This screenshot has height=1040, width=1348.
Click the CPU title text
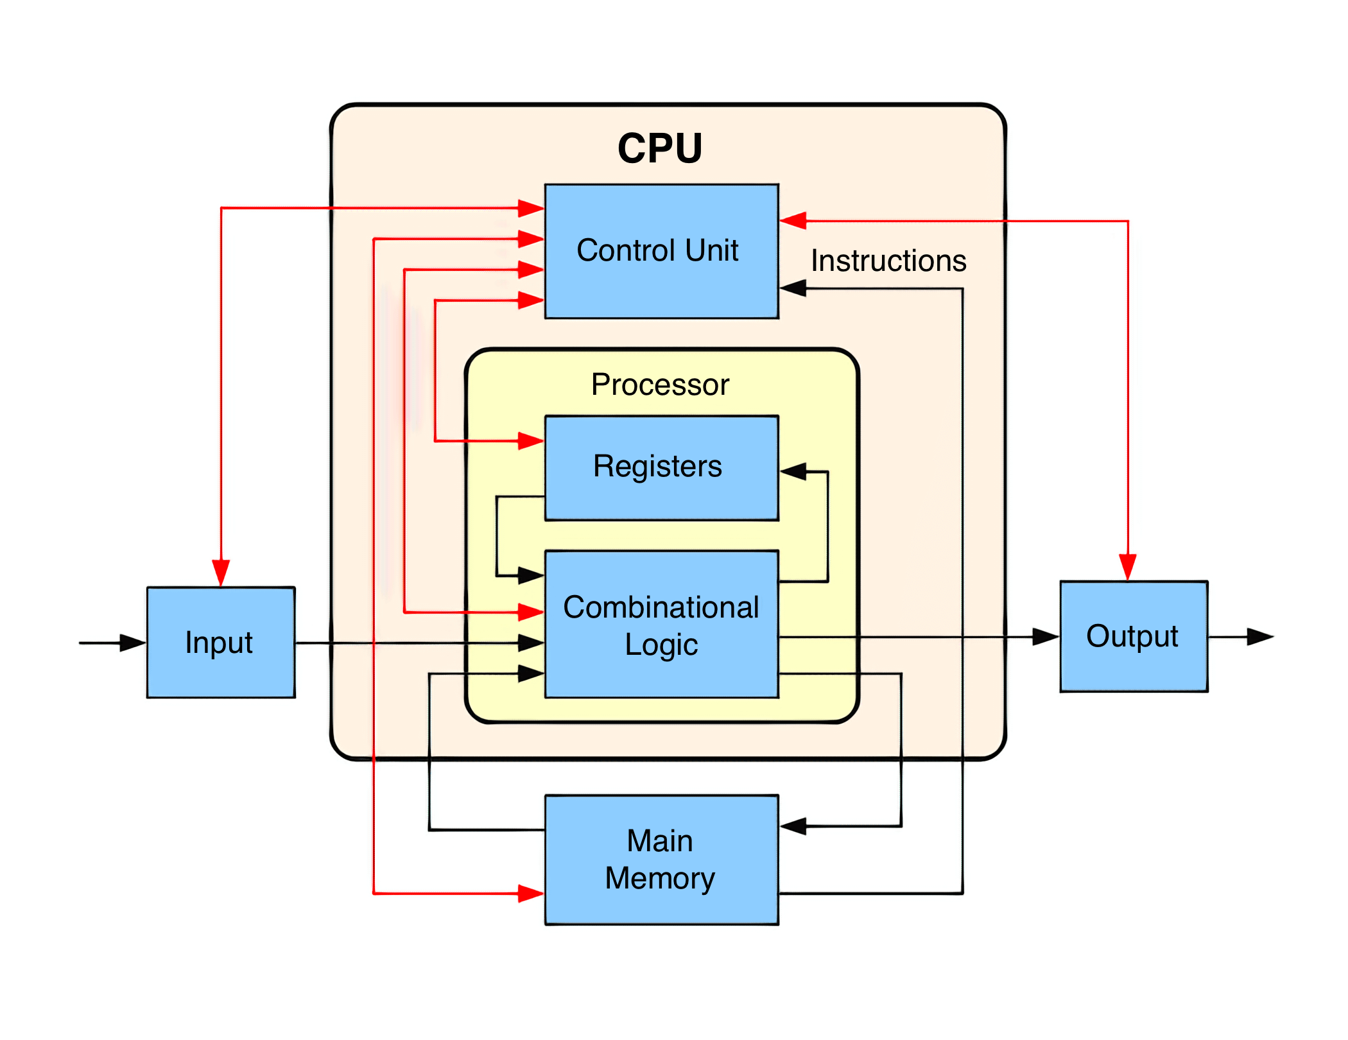pyautogui.click(x=660, y=148)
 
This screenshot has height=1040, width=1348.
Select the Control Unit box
pyautogui.click(x=661, y=251)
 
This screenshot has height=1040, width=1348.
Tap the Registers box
pyautogui.click(x=661, y=467)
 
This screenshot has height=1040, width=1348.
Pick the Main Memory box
pyautogui.click(x=661, y=860)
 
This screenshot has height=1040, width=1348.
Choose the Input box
pyautogui.click(x=221, y=642)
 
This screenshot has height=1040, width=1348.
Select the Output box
pyautogui.click(x=1134, y=636)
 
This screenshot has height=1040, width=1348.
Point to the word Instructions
pyautogui.click(x=888, y=261)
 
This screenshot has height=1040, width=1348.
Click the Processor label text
pyautogui.click(x=660, y=385)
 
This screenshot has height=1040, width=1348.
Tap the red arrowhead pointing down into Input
pyautogui.click(x=221, y=573)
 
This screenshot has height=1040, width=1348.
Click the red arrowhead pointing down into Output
pyautogui.click(x=1128, y=567)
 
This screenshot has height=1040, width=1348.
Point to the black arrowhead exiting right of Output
pyautogui.click(x=1260, y=636)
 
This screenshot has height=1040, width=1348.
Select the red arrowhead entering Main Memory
pyautogui.click(x=531, y=893)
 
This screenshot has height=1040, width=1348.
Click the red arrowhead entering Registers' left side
pyautogui.click(x=531, y=441)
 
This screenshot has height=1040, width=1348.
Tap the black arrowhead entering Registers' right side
pyautogui.click(x=793, y=472)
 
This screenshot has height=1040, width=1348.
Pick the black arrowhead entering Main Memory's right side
pyautogui.click(x=793, y=826)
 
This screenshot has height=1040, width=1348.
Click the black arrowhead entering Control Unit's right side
pyautogui.click(x=793, y=288)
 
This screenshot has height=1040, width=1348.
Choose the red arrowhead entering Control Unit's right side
pyautogui.click(x=793, y=221)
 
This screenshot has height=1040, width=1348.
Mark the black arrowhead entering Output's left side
pyautogui.click(x=1046, y=636)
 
